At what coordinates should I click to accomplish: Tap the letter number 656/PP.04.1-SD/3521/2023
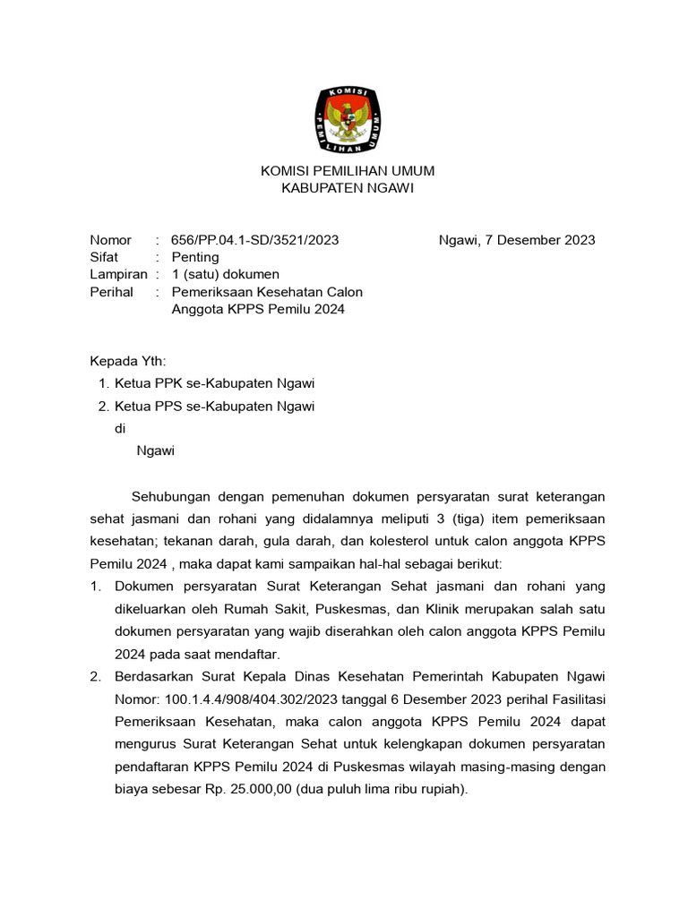pos(255,240)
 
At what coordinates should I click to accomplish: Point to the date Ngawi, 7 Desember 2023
pos(517,240)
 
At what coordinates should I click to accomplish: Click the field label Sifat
pos(105,257)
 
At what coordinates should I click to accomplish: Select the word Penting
pos(195,257)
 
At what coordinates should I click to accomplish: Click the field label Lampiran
pos(118,274)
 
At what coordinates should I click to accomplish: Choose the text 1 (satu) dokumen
pos(226,274)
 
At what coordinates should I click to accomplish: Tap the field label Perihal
pos(112,292)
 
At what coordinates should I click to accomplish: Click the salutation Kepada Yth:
pos(128,362)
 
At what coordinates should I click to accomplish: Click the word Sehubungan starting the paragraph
pos(169,496)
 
